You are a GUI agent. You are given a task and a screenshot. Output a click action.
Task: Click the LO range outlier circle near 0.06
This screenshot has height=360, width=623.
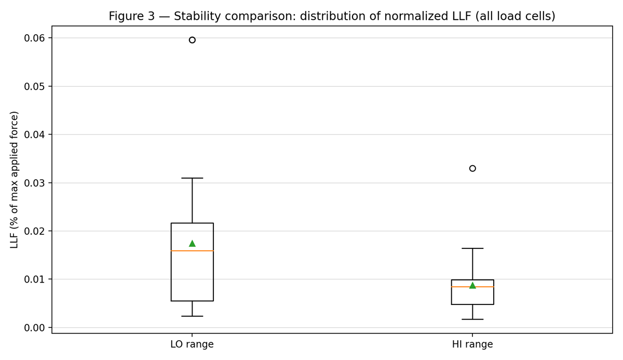192,40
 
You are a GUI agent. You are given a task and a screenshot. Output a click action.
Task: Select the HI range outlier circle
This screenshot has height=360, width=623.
472,168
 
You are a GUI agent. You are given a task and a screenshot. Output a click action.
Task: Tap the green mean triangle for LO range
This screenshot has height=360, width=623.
192,243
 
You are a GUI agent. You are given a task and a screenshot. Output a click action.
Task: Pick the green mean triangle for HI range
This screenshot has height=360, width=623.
472,285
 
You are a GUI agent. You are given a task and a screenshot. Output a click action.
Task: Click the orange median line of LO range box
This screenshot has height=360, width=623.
192,251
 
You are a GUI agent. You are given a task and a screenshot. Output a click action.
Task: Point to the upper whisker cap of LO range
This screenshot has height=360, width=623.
192,178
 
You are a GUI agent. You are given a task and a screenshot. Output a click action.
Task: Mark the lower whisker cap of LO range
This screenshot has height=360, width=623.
192,316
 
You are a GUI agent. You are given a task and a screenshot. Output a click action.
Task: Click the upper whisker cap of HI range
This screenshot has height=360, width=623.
472,248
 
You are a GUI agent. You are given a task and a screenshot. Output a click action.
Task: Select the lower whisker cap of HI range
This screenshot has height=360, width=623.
472,319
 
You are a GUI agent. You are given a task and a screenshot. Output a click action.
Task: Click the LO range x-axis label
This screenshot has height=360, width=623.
192,344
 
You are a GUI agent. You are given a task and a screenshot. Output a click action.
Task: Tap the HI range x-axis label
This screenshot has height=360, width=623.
472,344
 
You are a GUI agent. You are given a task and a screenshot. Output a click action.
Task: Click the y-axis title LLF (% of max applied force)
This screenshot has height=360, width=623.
15,179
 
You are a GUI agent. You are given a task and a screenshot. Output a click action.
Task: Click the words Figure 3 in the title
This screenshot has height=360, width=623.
131,17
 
